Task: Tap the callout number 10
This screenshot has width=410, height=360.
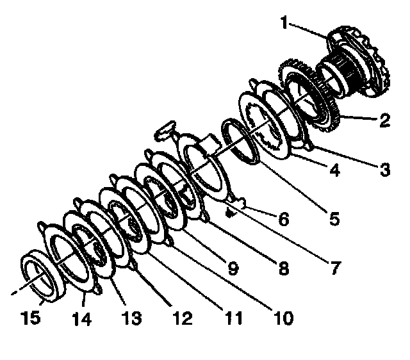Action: tap(283, 316)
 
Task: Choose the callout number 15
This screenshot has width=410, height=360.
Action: tap(29, 316)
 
